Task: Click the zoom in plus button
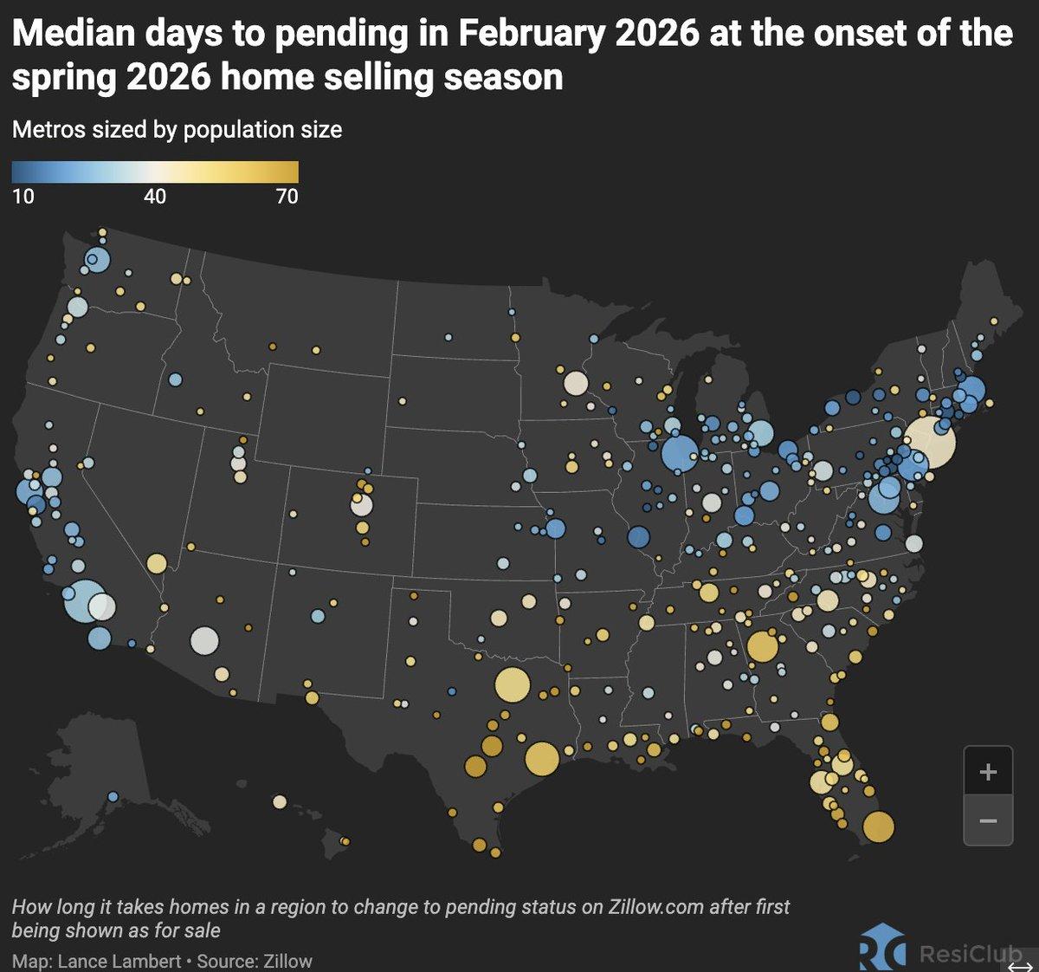(987, 771)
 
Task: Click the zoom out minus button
(987, 820)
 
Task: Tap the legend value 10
(23, 197)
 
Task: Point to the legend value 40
(155, 197)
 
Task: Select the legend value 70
(287, 197)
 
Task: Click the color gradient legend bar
(155, 172)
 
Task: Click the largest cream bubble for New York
(930, 442)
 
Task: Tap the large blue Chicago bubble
(680, 452)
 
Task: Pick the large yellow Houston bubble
(541, 758)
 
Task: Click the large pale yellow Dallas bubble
(512, 685)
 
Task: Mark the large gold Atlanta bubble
(763, 646)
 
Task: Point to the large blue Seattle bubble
(97, 260)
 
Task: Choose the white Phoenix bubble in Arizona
(205, 640)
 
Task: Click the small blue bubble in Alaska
(113, 796)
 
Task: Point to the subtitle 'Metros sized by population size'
(177, 130)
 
